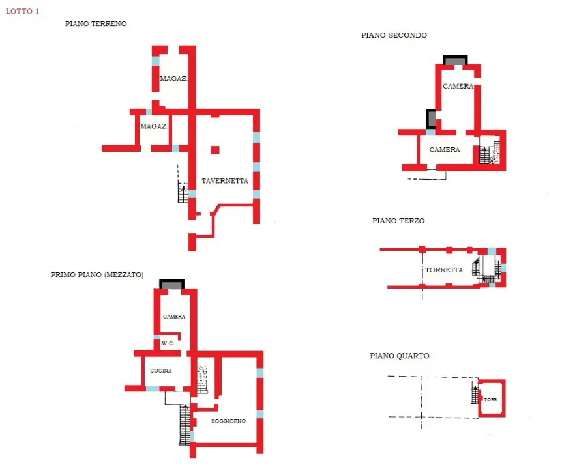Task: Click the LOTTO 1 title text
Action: click(22, 11)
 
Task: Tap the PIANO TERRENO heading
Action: click(96, 23)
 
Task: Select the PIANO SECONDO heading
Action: click(394, 35)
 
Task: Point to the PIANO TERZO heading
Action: click(398, 221)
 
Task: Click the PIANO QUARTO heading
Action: click(400, 356)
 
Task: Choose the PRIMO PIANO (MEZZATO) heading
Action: click(97, 274)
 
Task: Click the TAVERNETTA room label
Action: click(225, 180)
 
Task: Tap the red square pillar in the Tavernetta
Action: click(215, 150)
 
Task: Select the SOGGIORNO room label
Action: click(229, 421)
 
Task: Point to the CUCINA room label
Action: click(161, 371)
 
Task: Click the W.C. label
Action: click(168, 343)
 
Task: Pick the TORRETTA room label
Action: click(444, 270)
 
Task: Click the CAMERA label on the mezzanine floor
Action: click(174, 317)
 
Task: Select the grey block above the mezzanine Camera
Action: click(172, 285)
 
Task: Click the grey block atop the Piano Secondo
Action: click(455, 61)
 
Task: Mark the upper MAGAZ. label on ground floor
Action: click(173, 79)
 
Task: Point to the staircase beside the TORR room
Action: click(475, 394)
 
